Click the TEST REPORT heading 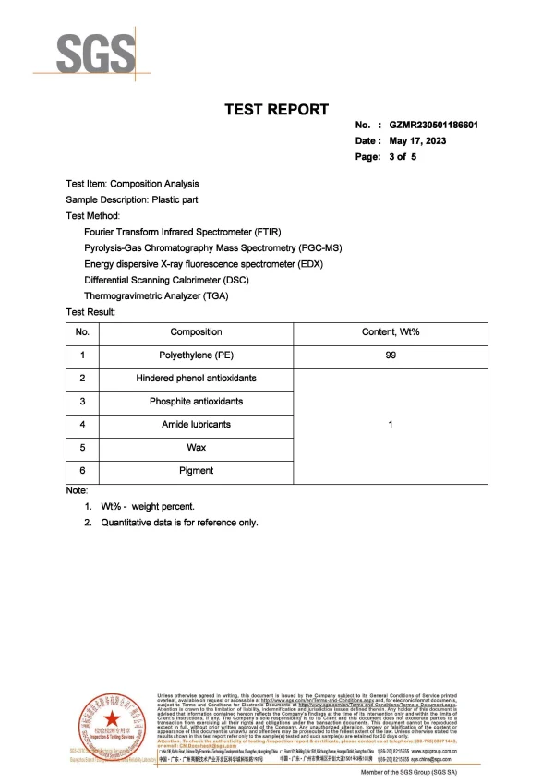(x=277, y=110)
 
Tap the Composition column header (x=196, y=331)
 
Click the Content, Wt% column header (x=391, y=331)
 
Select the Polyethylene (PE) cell (x=196, y=355)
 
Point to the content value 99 (x=391, y=355)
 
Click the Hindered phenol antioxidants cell (x=196, y=378)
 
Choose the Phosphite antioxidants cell (x=196, y=401)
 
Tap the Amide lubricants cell (x=196, y=424)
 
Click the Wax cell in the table (x=196, y=447)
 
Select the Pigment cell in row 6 (x=196, y=470)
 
